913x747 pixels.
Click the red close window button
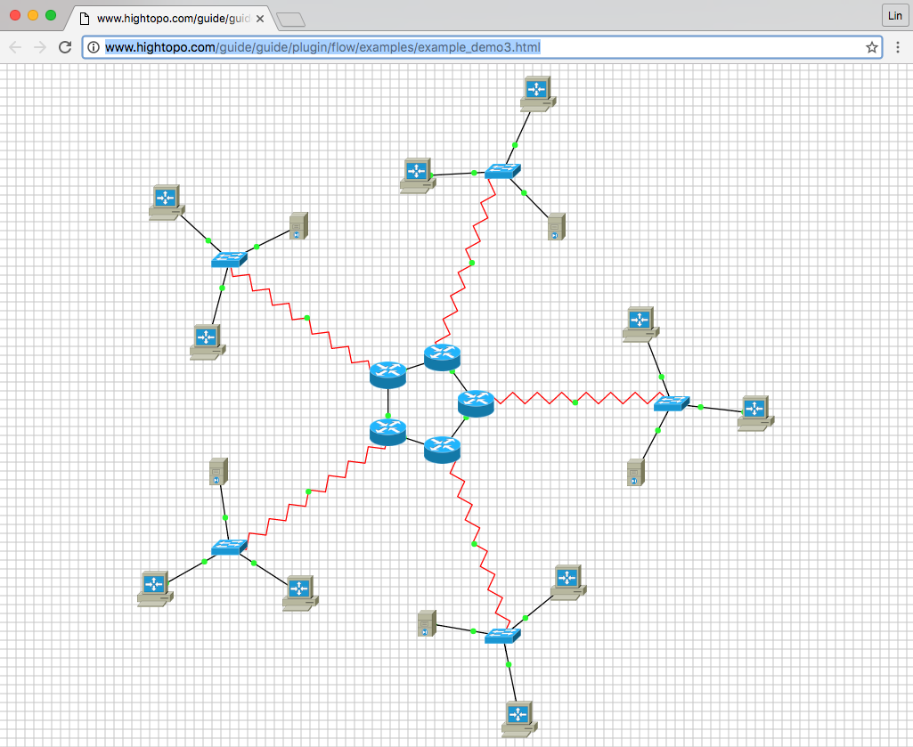15,16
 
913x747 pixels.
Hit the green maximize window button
51,16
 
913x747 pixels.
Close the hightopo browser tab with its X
260,19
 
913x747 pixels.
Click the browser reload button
65,47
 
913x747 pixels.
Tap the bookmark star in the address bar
872,47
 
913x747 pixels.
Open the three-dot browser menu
897,47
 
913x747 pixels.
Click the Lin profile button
895,16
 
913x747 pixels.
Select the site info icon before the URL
94,47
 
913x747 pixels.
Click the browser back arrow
15,47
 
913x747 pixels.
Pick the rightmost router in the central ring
476,403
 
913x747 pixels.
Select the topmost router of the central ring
442,357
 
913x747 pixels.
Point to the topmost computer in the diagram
537,93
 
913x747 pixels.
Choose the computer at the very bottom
519,719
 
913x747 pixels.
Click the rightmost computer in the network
756,413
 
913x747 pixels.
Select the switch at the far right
672,403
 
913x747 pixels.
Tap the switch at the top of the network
502,171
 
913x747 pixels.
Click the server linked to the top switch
557,226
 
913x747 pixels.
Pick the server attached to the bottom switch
427,623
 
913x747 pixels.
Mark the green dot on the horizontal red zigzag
575,403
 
